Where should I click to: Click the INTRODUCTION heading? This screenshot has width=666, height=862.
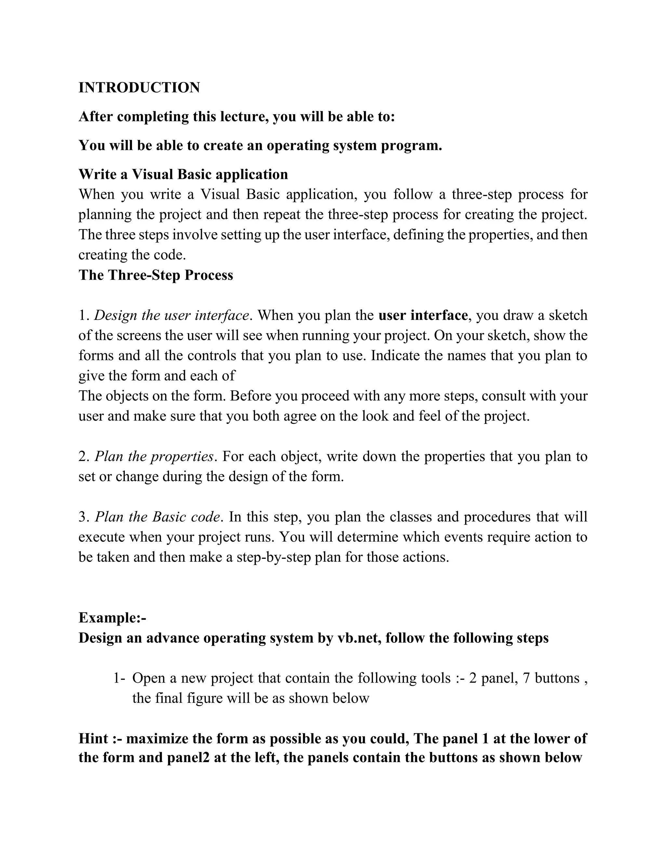coord(139,88)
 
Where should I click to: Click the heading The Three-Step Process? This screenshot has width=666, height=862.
coord(156,275)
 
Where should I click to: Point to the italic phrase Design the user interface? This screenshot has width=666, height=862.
coord(172,315)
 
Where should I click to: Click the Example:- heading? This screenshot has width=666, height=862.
coord(113,618)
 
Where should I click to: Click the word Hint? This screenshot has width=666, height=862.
coord(94,738)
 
